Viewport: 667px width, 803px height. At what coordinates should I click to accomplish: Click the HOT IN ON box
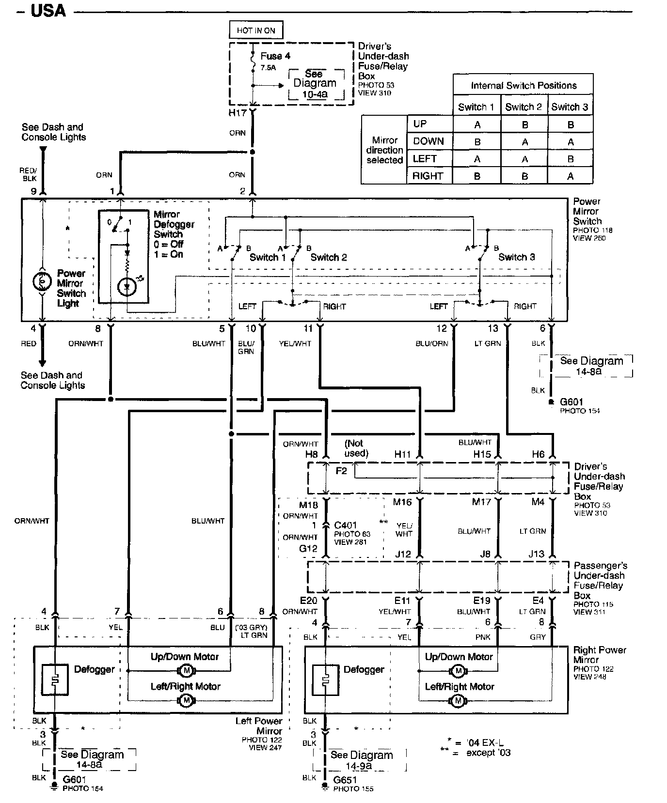(x=256, y=31)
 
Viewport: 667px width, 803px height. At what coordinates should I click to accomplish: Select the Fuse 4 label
(x=275, y=56)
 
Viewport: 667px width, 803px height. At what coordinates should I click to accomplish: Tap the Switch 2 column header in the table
(x=523, y=107)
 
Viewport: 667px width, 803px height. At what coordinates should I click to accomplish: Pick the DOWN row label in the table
(x=429, y=141)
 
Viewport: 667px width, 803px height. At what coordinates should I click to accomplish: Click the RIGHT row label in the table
(x=428, y=176)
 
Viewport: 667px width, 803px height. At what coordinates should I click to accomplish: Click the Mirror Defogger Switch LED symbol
(x=127, y=287)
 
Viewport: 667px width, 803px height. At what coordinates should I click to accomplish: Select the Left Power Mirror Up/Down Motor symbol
(x=186, y=670)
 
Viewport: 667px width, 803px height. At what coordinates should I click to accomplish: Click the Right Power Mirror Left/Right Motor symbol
(x=458, y=700)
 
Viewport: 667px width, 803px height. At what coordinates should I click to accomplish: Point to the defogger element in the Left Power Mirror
(x=54, y=678)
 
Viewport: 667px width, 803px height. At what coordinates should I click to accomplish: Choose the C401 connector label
(x=346, y=525)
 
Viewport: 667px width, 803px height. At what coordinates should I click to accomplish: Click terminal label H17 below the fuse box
(x=238, y=113)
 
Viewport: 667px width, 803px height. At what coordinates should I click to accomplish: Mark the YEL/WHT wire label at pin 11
(x=295, y=343)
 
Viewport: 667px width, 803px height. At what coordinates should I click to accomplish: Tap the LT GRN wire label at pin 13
(x=487, y=343)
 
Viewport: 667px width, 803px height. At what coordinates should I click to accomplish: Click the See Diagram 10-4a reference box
(x=315, y=84)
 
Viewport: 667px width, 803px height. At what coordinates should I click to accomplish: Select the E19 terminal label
(x=482, y=601)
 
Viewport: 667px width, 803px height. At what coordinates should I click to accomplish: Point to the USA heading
(x=48, y=11)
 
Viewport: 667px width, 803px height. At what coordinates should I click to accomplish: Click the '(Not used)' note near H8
(x=355, y=448)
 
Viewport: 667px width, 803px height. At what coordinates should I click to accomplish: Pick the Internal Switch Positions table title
(x=524, y=86)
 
